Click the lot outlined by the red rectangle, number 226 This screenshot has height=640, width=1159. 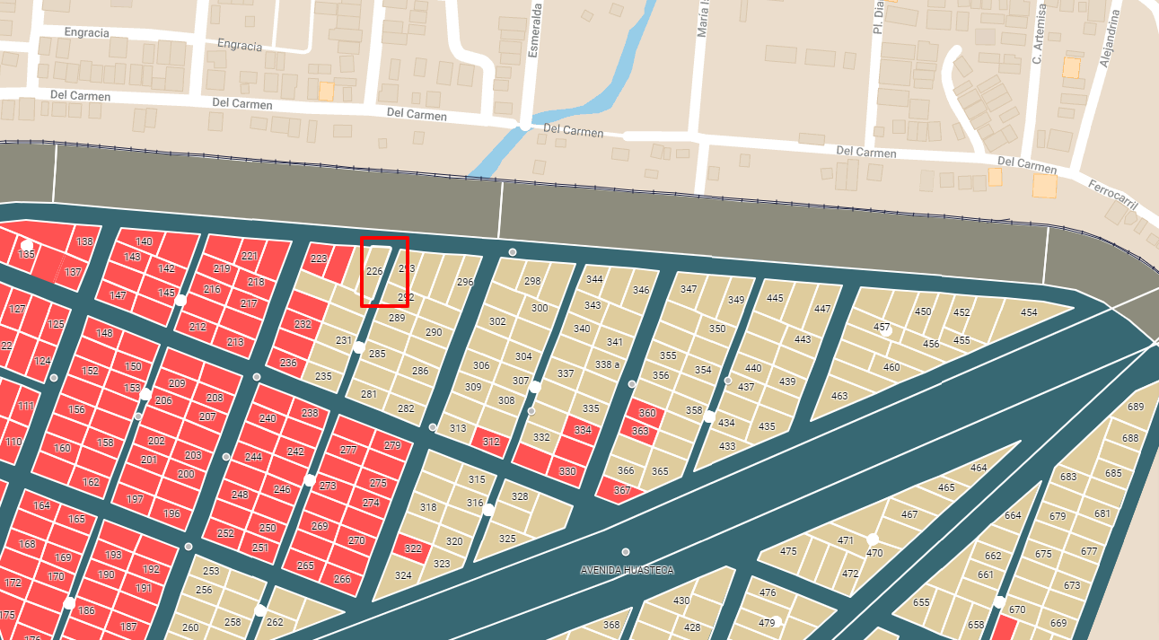[375, 271]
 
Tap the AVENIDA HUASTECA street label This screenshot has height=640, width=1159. [627, 570]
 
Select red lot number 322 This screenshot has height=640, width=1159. [412, 548]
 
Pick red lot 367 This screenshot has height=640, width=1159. [622, 490]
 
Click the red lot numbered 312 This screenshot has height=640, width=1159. [491, 442]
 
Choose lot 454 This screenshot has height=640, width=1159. [1029, 313]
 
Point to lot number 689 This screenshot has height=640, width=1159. [1136, 408]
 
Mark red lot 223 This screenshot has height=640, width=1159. [318, 259]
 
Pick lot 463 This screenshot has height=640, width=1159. [839, 396]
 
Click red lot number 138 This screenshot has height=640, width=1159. [84, 241]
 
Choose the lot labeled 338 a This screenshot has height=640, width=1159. [608, 364]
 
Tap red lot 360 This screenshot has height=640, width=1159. [647, 414]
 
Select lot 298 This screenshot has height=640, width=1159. [532, 281]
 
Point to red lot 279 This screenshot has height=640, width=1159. [392, 445]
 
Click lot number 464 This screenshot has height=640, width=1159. [979, 468]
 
